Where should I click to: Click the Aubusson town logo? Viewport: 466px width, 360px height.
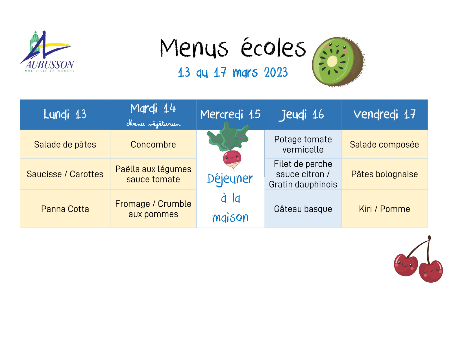click(x=47, y=51)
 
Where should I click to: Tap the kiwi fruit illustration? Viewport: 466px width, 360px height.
click(x=339, y=62)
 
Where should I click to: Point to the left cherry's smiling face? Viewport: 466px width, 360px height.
click(x=405, y=265)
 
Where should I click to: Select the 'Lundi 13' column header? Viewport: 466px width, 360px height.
click(x=65, y=114)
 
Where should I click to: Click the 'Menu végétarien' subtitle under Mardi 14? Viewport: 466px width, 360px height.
click(x=153, y=124)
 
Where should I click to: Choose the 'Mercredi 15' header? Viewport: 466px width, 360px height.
click(x=230, y=114)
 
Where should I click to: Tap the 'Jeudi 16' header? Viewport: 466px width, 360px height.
click(x=302, y=115)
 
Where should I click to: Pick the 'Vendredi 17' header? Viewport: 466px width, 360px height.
click(x=384, y=114)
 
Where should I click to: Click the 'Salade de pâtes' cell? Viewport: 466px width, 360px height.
click(x=65, y=144)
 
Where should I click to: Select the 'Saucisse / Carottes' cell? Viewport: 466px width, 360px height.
click(x=65, y=174)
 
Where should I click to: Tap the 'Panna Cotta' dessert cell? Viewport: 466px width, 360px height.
click(x=65, y=209)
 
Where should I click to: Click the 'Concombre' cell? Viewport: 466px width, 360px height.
click(x=153, y=144)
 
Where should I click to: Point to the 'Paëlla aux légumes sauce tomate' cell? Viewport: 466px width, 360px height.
click(x=153, y=174)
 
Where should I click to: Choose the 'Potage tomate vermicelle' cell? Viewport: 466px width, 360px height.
click(x=303, y=144)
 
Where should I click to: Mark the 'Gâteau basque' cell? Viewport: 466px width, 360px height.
click(x=303, y=209)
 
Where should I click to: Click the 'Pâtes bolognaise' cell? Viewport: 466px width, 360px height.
click(x=384, y=174)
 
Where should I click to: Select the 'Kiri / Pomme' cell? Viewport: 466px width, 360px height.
click(x=384, y=209)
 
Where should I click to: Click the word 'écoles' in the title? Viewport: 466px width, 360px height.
click(x=273, y=47)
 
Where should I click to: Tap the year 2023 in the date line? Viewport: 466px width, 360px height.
click(x=276, y=72)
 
